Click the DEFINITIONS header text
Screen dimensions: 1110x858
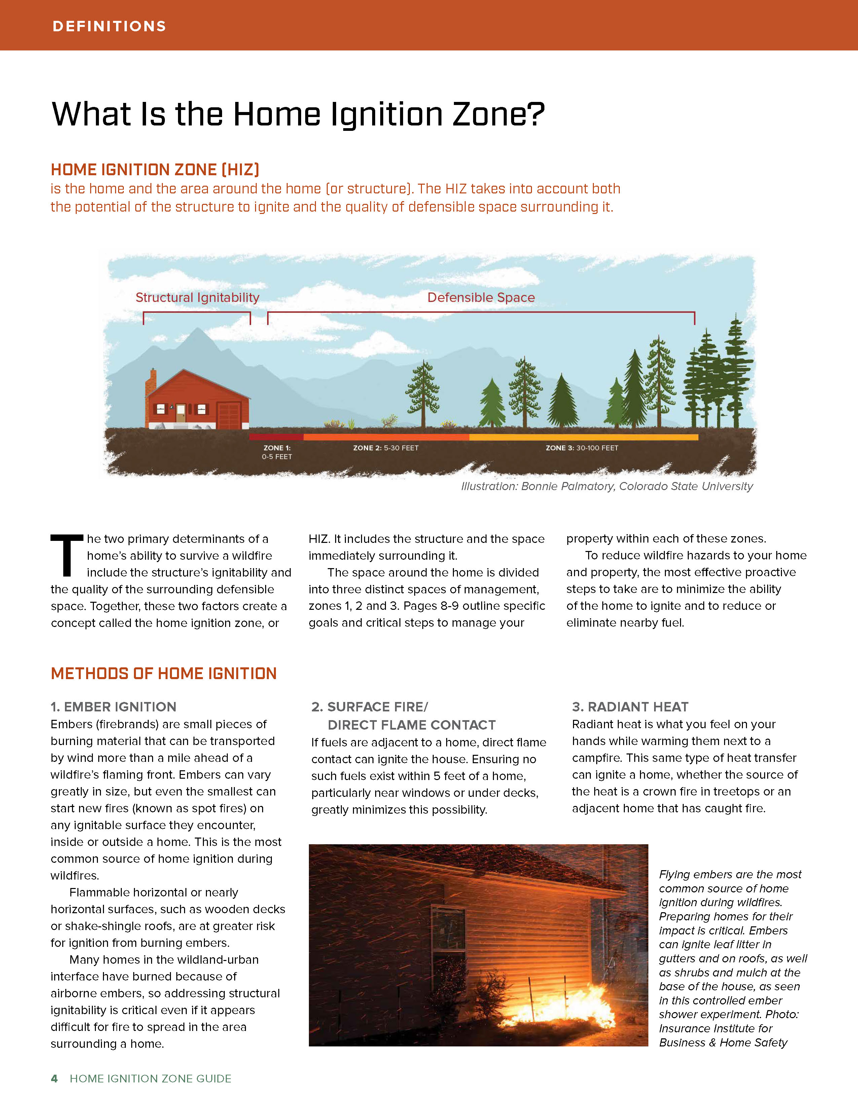(x=109, y=27)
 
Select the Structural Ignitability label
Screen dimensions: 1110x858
(x=197, y=297)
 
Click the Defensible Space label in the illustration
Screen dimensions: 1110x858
(x=481, y=297)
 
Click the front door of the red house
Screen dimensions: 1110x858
(x=180, y=413)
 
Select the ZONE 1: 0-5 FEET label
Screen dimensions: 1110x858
(x=277, y=452)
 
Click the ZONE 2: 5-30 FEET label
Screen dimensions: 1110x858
(x=386, y=448)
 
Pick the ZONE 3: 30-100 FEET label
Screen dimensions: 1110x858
(x=582, y=448)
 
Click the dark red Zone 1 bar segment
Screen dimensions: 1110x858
(x=276, y=437)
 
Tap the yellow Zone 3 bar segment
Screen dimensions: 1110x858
(x=583, y=437)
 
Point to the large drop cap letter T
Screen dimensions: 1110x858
(x=66, y=556)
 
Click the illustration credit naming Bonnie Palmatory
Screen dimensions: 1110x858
(x=607, y=486)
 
